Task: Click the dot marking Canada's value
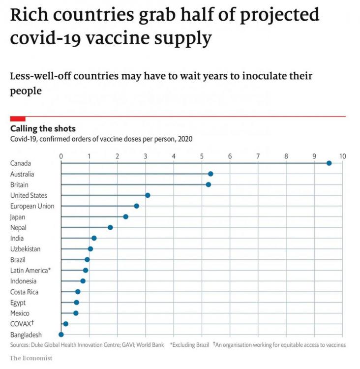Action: point(329,163)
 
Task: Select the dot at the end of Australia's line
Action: point(210,174)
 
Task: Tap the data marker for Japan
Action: point(125,216)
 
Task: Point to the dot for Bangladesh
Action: point(61,335)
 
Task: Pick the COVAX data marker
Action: point(66,324)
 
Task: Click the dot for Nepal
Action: point(110,227)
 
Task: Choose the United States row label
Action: point(29,195)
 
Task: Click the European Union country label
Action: point(32,206)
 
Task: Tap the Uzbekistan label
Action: point(25,249)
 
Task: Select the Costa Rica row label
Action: point(24,292)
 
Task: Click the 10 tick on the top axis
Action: point(343,156)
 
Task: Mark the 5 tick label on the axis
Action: point(202,156)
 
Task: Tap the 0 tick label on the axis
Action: point(61,156)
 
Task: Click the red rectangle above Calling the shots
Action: point(18,118)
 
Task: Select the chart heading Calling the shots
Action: point(43,129)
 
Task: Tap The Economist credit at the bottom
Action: point(31,358)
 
